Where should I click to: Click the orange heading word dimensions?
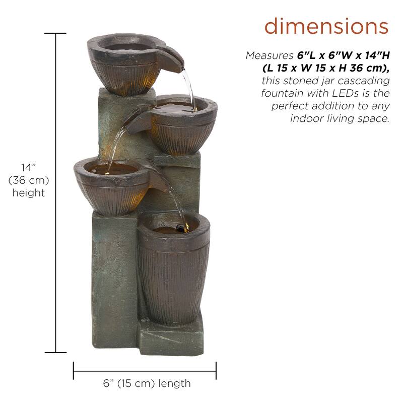(326, 26)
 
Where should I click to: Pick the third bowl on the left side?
(111, 184)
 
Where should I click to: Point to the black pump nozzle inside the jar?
(180, 229)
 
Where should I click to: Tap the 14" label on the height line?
(28, 168)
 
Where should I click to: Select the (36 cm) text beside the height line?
(29, 180)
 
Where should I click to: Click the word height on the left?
(29, 193)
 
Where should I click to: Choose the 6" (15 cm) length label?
(147, 383)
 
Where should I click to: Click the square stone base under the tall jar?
(171, 335)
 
